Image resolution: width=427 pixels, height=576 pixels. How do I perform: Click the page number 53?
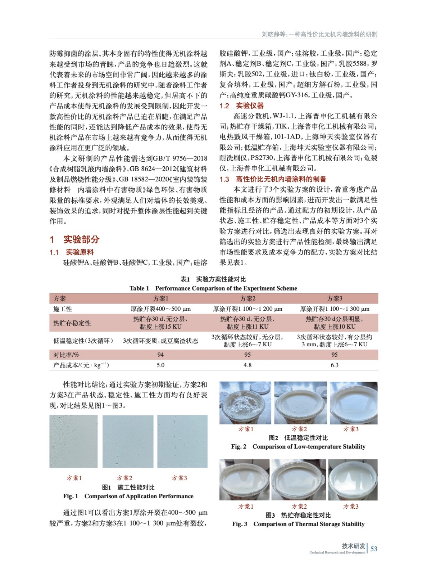tap(374, 549)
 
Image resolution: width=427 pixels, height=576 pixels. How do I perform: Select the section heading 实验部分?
tap(81, 239)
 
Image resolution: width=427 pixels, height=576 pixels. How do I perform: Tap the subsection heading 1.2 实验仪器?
tap(241, 106)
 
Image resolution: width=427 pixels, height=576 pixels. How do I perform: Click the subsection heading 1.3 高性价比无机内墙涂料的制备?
tap(273, 179)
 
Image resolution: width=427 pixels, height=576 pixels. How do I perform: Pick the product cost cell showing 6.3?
tap(334, 365)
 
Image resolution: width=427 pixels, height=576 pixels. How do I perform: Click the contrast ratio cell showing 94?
tap(160, 355)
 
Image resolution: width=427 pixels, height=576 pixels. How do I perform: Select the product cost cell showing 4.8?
tap(247, 365)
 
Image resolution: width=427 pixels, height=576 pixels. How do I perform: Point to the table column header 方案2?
tap(247, 298)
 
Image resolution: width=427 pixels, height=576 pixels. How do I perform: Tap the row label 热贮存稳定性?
tap(72, 323)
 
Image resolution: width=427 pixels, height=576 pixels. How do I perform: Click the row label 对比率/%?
tap(66, 355)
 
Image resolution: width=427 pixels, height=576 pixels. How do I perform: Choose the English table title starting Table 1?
tap(213, 288)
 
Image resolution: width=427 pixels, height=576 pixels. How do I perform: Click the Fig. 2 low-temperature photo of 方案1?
tap(246, 403)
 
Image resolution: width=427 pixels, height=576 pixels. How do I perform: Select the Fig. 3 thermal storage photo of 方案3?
tap(353, 480)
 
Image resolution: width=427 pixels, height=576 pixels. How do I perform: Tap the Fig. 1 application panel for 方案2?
tap(128, 441)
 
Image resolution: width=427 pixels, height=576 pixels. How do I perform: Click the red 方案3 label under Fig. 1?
tap(179, 478)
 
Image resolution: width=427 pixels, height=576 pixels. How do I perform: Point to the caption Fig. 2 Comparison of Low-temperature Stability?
tap(298, 447)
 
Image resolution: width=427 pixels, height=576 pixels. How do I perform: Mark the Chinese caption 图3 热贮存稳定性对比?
tap(298, 515)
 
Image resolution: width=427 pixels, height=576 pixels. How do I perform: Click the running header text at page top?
tap(319, 34)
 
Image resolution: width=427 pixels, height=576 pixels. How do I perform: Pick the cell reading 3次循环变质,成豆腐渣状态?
tap(160, 341)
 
